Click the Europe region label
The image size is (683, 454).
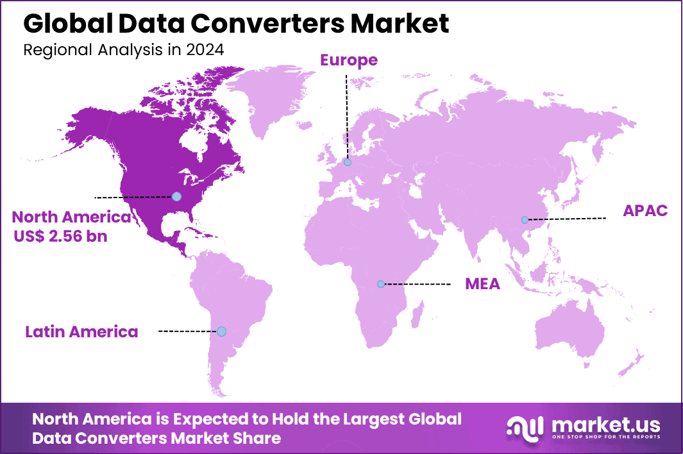[349, 60]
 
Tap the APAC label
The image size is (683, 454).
[645, 210]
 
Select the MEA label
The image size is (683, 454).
[482, 283]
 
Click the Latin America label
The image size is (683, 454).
[81, 332]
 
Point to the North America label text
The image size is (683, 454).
[71, 217]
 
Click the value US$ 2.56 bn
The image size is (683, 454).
[61, 236]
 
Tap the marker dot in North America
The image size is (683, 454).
[176, 196]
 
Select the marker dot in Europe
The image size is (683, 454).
[348, 162]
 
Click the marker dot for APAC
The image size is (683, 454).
[525, 220]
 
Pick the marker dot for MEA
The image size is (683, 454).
[381, 283]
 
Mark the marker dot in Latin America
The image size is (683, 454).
[221, 332]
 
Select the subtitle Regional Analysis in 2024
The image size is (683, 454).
[124, 50]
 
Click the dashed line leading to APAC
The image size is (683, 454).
[568, 219]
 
